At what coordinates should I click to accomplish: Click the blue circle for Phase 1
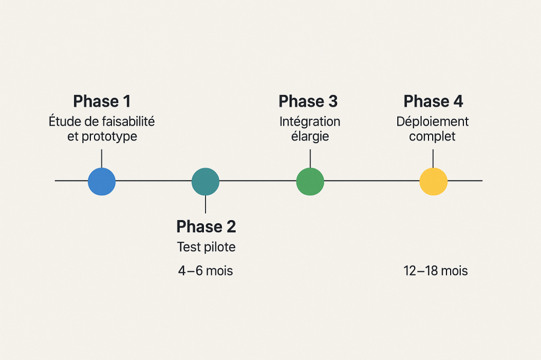coord(101,182)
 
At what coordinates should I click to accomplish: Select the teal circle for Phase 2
coord(206,182)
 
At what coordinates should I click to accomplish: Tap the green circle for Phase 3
coord(310,182)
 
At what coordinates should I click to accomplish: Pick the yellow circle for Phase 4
coord(433,182)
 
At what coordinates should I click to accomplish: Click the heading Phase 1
coord(101,101)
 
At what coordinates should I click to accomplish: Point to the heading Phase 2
coord(206,226)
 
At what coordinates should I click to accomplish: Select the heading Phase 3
coord(308,101)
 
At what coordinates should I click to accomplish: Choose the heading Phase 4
coord(433,101)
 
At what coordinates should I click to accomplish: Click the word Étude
coord(63,121)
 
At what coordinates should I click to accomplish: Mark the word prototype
coord(110,137)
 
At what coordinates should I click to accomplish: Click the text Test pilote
coord(206,247)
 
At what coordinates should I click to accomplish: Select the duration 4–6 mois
coord(206,271)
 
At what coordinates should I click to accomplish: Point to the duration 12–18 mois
coord(435,271)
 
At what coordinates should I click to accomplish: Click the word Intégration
coord(310,121)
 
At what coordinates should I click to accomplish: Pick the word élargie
coord(310,137)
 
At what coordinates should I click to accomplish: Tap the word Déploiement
coord(432,121)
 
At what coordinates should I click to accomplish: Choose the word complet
coord(432,137)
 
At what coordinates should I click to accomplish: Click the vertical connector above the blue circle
coord(101,158)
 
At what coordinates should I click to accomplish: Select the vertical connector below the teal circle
coord(206,204)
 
